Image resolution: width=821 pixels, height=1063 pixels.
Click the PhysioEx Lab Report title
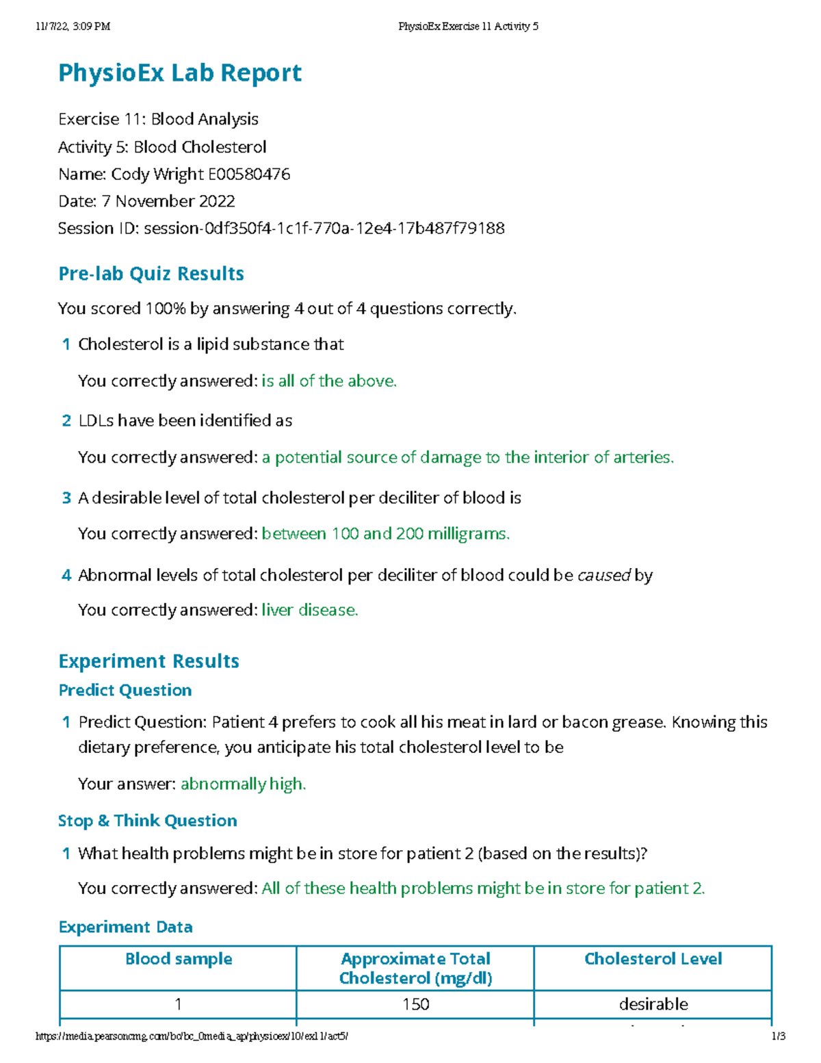[180, 73]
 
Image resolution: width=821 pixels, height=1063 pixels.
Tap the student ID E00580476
[249, 175]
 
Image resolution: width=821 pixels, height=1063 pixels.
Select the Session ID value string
[324, 229]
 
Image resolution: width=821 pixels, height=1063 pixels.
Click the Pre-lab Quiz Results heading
[151, 274]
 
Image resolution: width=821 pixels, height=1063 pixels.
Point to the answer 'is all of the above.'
[329, 381]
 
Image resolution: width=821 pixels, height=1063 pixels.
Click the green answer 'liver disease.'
[310, 610]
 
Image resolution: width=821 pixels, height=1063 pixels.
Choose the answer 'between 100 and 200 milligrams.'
[386, 534]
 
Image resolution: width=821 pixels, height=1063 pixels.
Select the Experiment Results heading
[148, 661]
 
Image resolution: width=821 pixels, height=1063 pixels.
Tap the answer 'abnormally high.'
[243, 784]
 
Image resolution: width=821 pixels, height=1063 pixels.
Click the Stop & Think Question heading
[148, 821]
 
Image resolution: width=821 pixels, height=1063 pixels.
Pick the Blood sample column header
[179, 959]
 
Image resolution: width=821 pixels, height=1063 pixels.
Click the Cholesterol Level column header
[653, 959]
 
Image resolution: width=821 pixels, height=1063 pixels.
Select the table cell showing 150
[415, 1004]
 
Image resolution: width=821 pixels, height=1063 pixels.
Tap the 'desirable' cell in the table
[653, 1004]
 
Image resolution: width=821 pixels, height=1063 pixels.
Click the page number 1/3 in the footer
[778, 1036]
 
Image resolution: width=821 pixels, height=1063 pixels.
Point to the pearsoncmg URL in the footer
[192, 1036]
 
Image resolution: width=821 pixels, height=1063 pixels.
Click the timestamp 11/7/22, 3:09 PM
[73, 27]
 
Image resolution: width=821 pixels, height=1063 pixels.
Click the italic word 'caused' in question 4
[603, 576]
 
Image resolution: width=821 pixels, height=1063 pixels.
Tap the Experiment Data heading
[125, 927]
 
